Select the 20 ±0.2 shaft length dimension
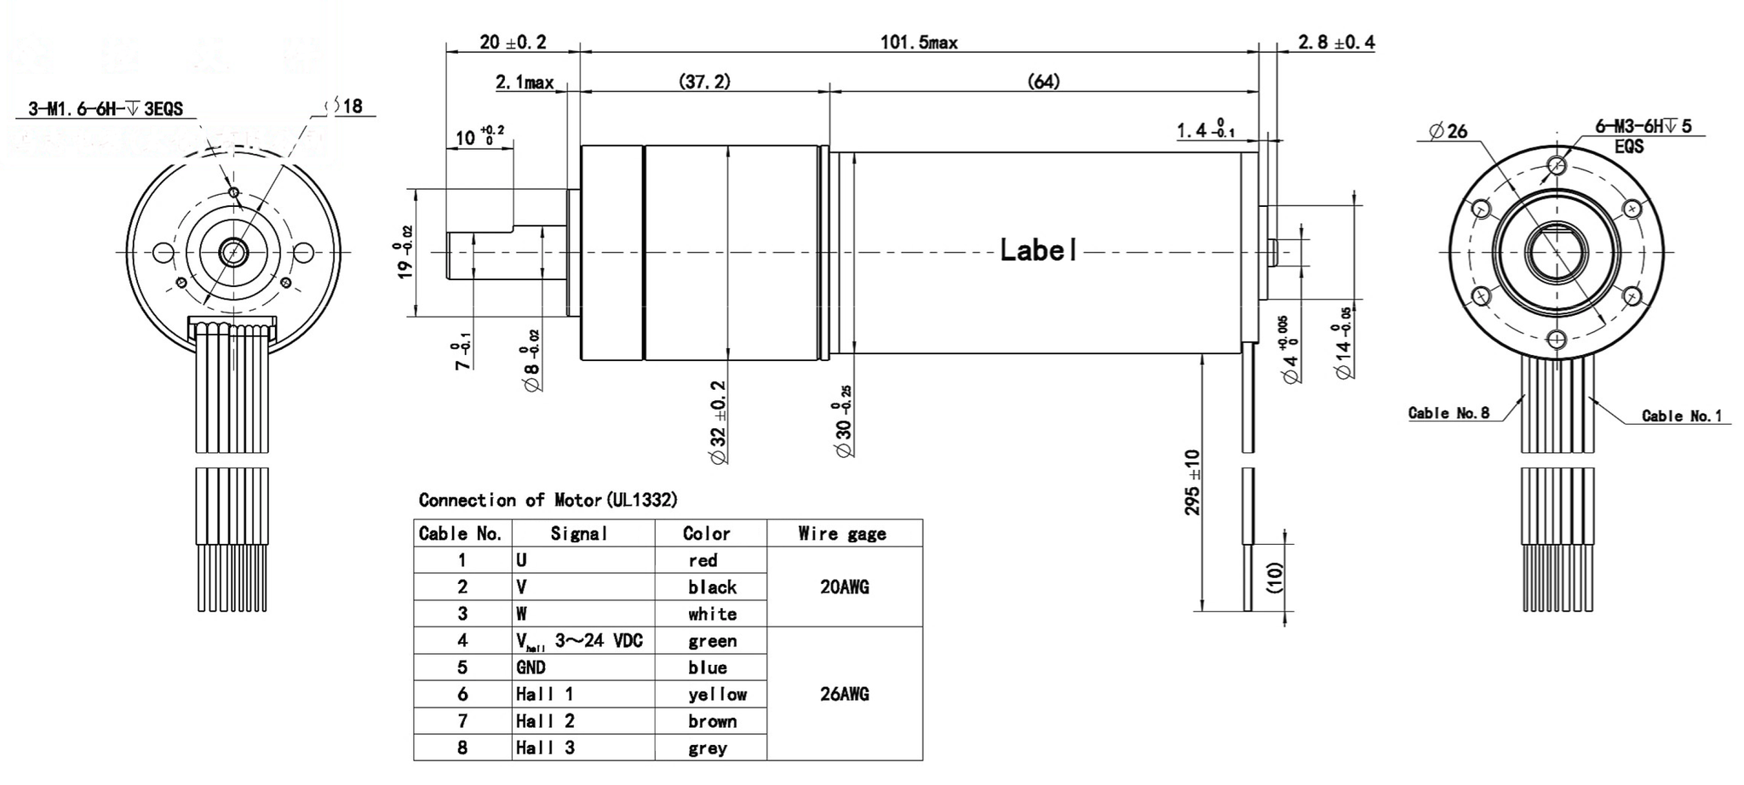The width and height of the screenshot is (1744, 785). [513, 42]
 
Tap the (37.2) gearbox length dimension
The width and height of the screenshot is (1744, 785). [704, 82]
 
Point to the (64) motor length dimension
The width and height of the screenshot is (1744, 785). [1043, 82]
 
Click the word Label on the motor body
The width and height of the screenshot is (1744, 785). [1038, 250]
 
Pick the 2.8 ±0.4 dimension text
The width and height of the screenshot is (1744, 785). [1336, 42]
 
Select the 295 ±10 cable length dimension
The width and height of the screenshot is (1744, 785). [1193, 482]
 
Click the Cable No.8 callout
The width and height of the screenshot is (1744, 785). [1449, 413]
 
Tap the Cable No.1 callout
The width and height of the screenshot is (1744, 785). [1681, 416]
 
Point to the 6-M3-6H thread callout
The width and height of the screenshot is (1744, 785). [1643, 127]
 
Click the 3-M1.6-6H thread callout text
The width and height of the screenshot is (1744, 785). [106, 109]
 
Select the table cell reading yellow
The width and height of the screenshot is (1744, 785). [717, 695]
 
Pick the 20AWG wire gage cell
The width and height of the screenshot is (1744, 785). [844, 587]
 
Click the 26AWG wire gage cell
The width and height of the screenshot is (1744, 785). [844, 695]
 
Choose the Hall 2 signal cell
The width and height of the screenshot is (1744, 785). [545, 722]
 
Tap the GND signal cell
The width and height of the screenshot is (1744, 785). [531, 668]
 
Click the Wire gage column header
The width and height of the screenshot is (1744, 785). [842, 534]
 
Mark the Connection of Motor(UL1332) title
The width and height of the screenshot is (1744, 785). [548, 500]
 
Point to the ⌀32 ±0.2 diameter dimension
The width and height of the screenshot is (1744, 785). [718, 422]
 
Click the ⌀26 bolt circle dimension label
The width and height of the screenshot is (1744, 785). [1449, 131]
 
